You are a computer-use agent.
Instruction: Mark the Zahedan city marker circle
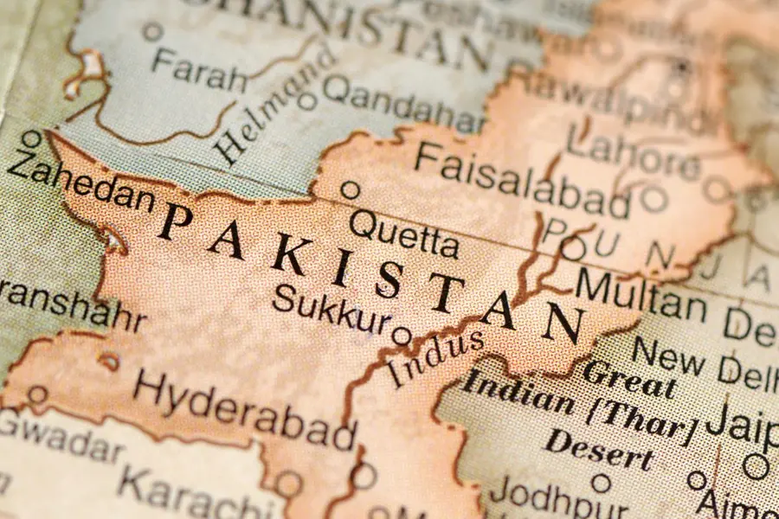click(x=32, y=139)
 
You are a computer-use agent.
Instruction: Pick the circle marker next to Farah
click(x=153, y=32)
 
